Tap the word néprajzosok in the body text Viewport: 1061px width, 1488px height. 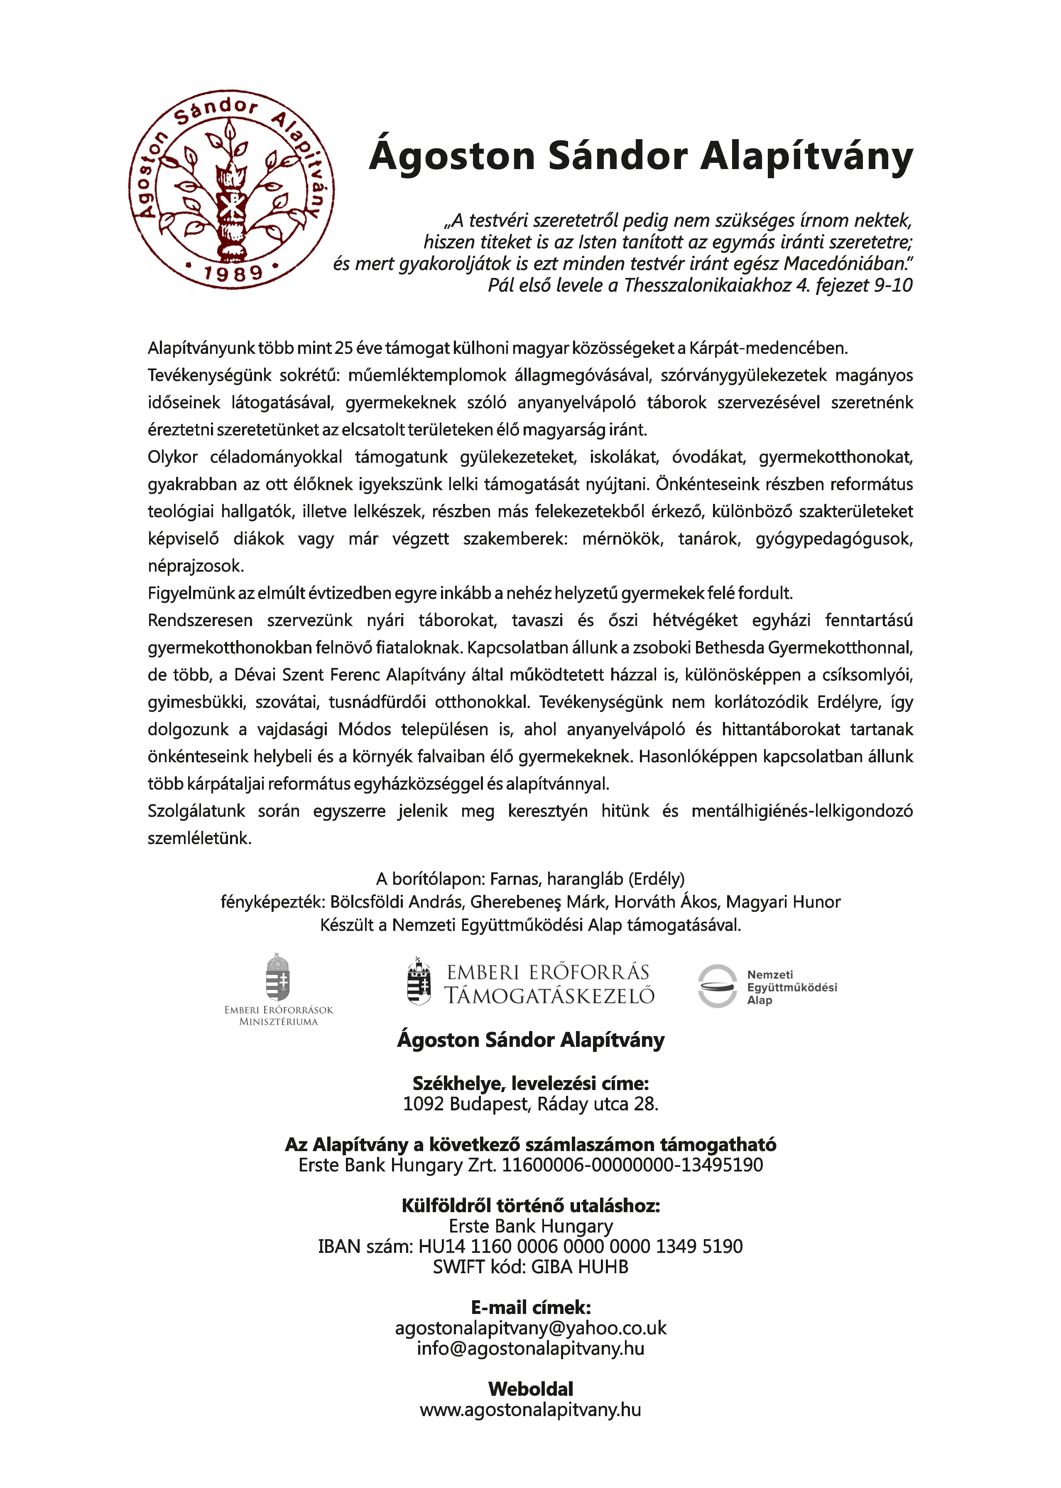195,566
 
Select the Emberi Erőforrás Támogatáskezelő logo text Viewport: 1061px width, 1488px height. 549,984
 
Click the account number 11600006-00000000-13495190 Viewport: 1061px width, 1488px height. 632,1165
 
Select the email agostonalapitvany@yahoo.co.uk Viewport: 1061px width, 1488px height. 531,1328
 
